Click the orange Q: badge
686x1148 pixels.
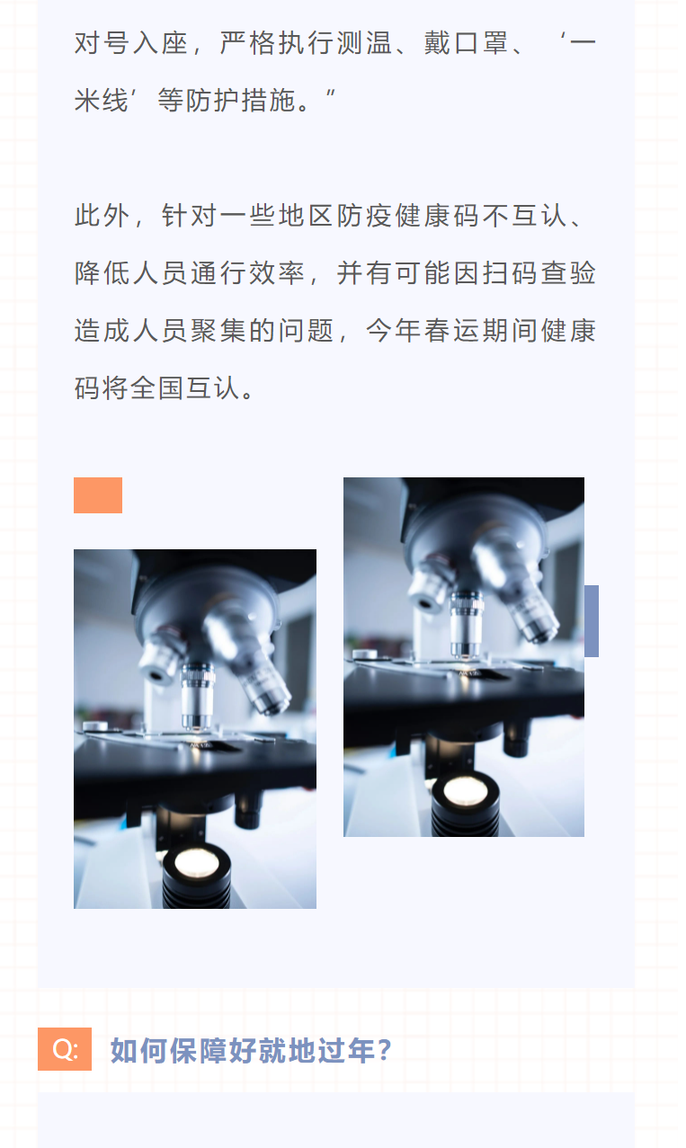tap(65, 1048)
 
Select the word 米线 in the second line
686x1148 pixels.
tap(102, 101)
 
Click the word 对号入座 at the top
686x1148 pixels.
tap(132, 43)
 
